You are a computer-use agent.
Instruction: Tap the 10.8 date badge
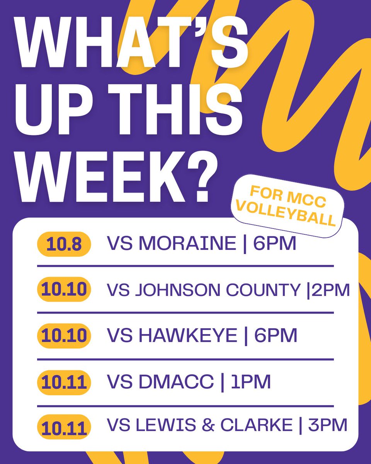pos(63,245)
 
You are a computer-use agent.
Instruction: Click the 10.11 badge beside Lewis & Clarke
pos(63,427)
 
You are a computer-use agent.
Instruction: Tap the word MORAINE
pos(187,244)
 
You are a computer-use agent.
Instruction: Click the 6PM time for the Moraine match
pos(274,244)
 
